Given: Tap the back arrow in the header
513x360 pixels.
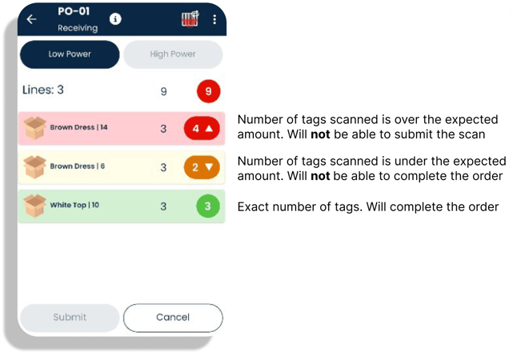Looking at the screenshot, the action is click(x=31, y=19).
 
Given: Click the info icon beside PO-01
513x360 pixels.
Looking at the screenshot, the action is click(x=115, y=19).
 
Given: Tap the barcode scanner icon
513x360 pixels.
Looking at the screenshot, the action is click(x=190, y=19).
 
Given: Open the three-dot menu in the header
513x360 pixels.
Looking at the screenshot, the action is click(x=214, y=19).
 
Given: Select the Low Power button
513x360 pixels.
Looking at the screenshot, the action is click(x=70, y=54).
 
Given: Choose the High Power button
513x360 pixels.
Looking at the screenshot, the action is click(x=173, y=54).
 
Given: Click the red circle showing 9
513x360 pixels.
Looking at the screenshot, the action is click(x=208, y=91).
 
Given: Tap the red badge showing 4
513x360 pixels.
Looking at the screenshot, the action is click(x=202, y=128).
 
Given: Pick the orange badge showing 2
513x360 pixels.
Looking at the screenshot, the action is click(x=202, y=167).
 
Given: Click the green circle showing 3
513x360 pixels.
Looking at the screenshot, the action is click(x=208, y=206).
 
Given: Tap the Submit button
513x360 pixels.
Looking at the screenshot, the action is click(x=70, y=318).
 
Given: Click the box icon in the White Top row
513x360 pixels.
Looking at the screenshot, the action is click(x=34, y=206).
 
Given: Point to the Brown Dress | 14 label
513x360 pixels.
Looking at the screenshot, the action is click(x=78, y=127).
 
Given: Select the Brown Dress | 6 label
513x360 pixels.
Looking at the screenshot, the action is click(x=77, y=166).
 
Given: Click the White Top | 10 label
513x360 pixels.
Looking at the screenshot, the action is click(x=74, y=205).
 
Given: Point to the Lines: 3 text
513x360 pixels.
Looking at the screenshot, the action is click(x=43, y=90).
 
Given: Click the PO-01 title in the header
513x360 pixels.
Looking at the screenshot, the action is click(x=74, y=11).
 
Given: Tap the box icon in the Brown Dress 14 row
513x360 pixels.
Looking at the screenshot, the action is click(x=34, y=128).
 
